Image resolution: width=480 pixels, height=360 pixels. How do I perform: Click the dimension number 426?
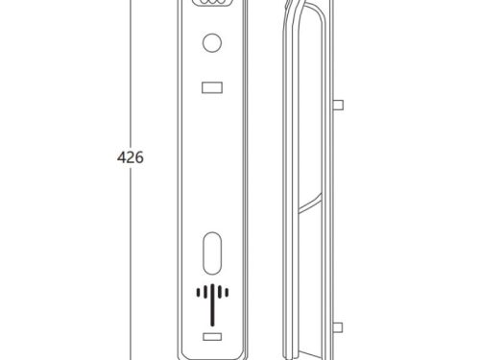pyautogui.click(x=131, y=157)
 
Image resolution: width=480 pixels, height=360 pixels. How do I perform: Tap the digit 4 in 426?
pyautogui.click(x=121, y=157)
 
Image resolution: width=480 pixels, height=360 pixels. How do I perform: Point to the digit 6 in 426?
pyautogui.click(x=139, y=157)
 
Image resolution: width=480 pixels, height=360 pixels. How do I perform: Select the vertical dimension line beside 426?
pyautogui.click(x=131, y=180)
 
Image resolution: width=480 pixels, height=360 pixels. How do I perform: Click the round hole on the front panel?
pyautogui.click(x=212, y=42)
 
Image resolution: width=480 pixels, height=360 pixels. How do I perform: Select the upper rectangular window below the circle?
pyautogui.click(x=212, y=87)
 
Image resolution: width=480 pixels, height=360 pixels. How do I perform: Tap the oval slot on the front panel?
pyautogui.click(x=212, y=253)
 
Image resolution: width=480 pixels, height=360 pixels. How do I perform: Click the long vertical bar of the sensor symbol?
pyautogui.click(x=212, y=305)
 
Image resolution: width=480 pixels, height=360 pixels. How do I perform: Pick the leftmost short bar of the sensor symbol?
pyautogui.click(x=198, y=292)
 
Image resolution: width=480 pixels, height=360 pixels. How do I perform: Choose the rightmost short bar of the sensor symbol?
pyautogui.click(x=227, y=292)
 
